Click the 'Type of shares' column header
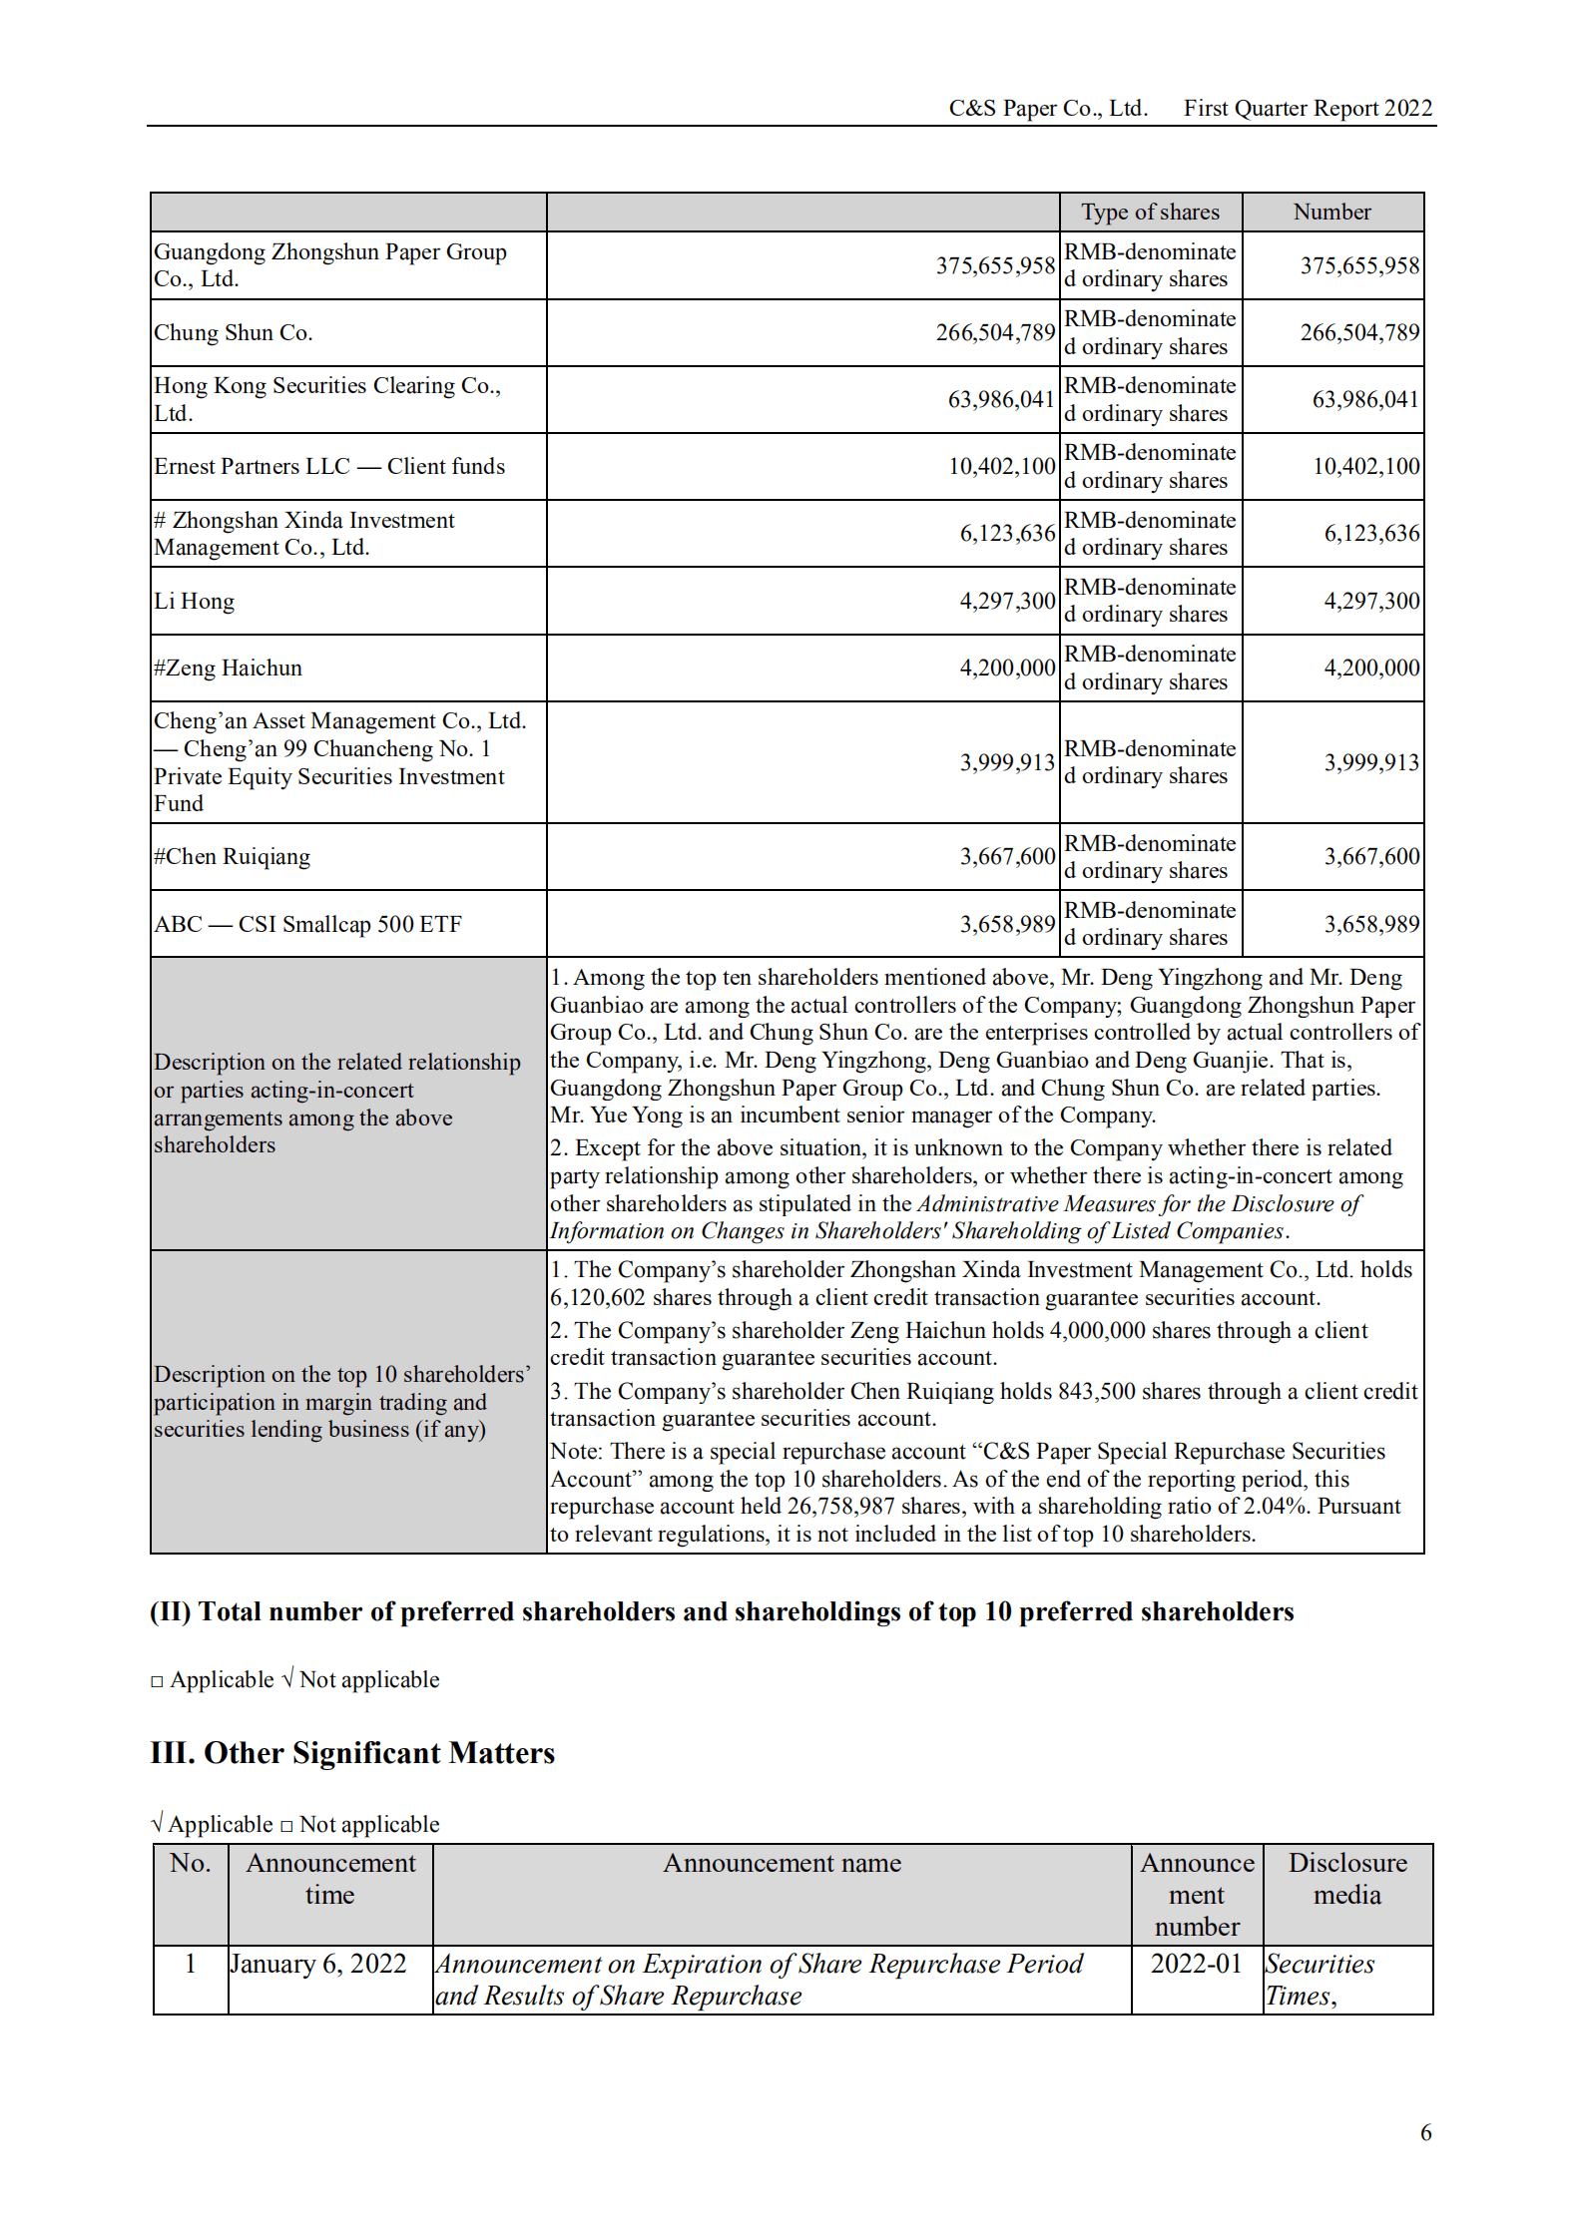point(1150,212)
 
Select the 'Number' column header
point(1331,212)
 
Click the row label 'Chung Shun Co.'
point(234,333)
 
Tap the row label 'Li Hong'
point(195,602)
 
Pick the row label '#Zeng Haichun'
point(228,669)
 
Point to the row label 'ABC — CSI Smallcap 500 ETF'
point(307,925)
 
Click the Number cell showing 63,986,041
point(1364,400)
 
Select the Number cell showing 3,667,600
point(1370,857)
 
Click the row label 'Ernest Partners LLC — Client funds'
point(329,467)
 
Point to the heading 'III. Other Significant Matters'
point(352,1753)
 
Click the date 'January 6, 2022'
point(318,1964)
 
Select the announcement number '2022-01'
point(1196,1964)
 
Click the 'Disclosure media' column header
point(1346,1879)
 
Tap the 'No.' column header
point(191,1863)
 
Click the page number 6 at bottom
point(1425,2132)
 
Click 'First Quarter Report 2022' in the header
point(1308,108)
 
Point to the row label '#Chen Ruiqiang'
point(232,857)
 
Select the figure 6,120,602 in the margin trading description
point(597,1298)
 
